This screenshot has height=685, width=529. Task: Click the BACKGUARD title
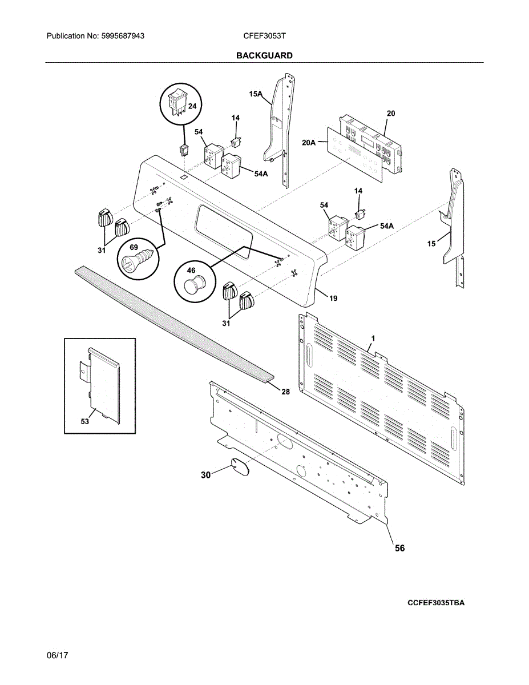pos(264,55)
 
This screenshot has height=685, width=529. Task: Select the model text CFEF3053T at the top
pos(264,36)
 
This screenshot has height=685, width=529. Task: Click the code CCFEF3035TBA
pos(436,603)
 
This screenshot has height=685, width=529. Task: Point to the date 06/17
pos(57,655)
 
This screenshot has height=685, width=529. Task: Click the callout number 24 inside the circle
pos(192,106)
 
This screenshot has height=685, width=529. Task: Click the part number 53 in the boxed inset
pos(85,421)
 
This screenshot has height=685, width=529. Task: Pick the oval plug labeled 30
pos(240,467)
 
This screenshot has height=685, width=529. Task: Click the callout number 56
pos(400,548)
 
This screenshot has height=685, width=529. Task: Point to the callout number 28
pos(285,391)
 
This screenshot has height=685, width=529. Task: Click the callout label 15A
pos(255,94)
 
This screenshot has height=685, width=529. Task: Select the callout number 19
pos(333,298)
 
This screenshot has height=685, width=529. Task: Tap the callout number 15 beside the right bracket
pos(431,244)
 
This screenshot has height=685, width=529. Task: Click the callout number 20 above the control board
pos(390,114)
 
